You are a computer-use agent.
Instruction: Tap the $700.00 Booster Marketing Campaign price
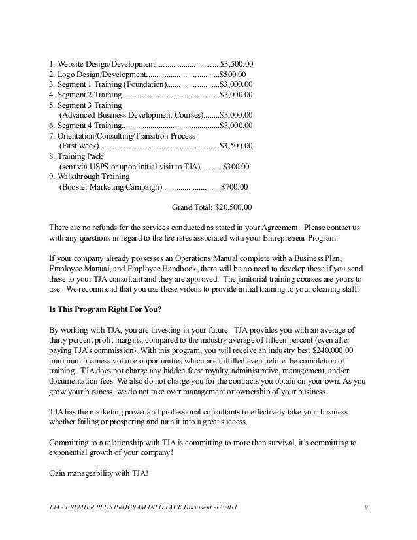235,186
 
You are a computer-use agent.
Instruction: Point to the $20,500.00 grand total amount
233,207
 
